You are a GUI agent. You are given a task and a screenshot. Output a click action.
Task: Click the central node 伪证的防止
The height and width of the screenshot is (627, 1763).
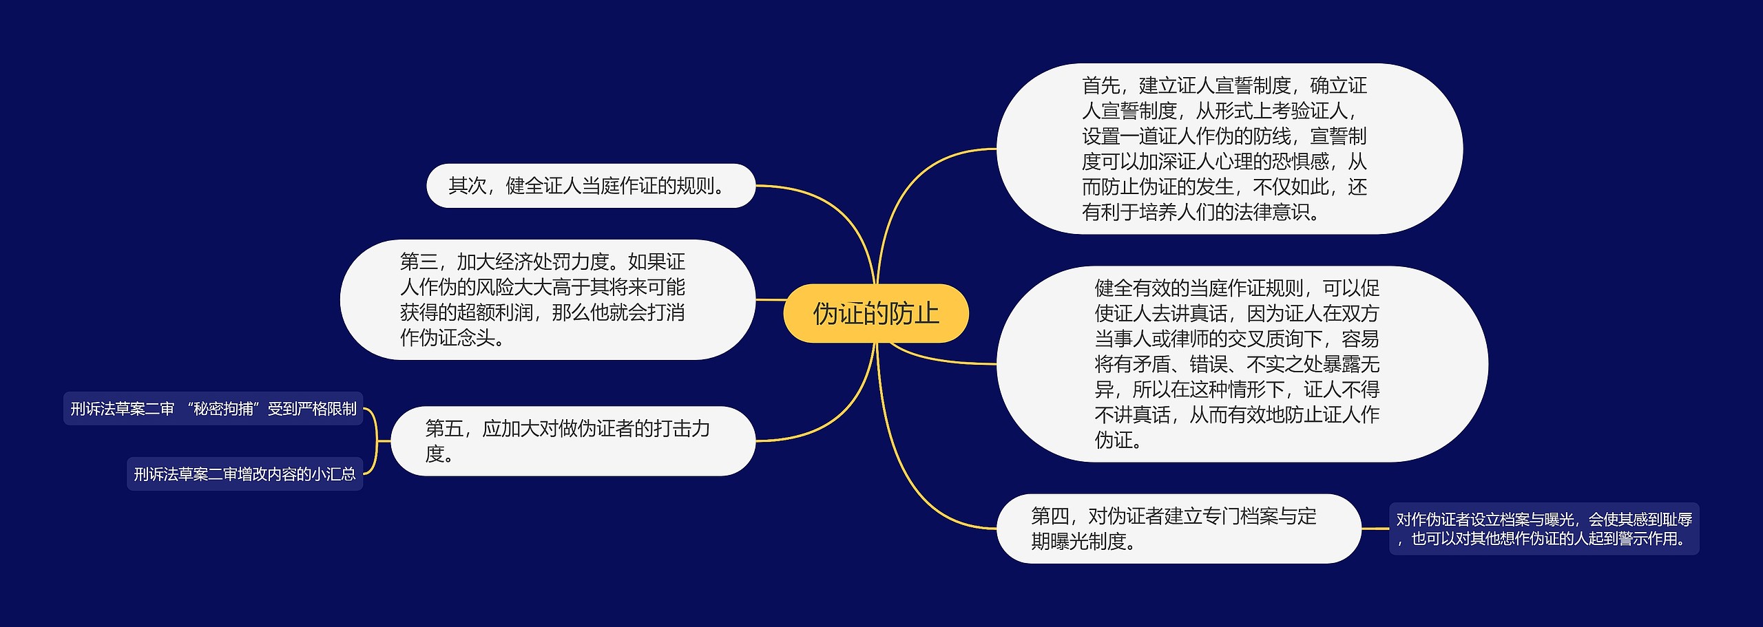point(876,314)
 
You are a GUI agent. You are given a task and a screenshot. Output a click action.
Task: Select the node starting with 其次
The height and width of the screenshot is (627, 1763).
point(591,186)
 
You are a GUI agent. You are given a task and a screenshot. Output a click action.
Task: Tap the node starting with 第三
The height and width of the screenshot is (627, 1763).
point(547,299)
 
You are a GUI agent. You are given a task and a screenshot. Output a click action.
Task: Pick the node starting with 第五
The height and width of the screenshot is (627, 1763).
point(573,441)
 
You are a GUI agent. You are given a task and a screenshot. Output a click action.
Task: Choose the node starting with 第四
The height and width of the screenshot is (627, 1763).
point(1178,529)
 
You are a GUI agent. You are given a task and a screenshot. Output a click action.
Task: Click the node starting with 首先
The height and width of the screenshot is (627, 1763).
point(1229,149)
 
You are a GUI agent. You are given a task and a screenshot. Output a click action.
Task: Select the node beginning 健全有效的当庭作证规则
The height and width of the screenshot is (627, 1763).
point(1242,364)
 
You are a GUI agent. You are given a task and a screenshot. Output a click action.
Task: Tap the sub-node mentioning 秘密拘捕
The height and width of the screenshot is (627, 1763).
point(213,409)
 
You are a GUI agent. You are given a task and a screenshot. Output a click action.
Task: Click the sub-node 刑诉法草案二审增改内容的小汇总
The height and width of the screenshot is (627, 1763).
point(244,474)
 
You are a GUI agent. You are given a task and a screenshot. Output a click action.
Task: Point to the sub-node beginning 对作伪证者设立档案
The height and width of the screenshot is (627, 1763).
point(1544,529)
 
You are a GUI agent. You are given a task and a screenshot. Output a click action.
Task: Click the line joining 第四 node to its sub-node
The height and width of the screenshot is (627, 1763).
point(1375,529)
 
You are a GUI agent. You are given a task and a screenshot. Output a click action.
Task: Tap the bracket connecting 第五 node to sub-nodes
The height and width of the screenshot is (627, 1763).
point(377,441)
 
